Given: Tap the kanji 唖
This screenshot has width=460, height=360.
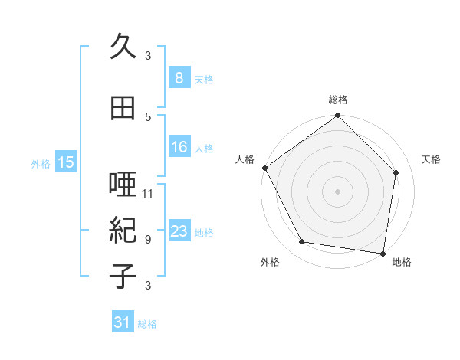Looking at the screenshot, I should click(123, 186).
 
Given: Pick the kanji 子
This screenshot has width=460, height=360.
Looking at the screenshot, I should click(123, 276).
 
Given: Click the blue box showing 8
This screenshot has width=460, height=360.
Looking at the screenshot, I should click(179, 78).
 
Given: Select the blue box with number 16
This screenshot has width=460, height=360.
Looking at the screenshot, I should click(179, 147).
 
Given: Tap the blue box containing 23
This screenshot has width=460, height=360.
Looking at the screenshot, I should click(179, 231).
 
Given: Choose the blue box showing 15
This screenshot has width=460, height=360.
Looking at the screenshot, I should click(66, 162).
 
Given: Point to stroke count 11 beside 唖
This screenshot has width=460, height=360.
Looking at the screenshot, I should click(148, 193).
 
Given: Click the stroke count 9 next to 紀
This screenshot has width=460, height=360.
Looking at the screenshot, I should click(148, 239).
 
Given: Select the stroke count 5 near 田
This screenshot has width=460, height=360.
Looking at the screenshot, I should click(148, 116).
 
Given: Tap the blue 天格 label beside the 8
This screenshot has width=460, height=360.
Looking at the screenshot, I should click(204, 79).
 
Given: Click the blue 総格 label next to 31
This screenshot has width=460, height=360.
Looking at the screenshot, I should click(147, 324).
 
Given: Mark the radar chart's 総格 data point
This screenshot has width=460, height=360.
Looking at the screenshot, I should click(337, 116).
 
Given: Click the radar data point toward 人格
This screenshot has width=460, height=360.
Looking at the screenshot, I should click(264, 168).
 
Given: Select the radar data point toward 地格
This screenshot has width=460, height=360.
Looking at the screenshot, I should click(383, 253).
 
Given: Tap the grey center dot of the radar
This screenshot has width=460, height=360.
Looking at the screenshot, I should click(337, 191).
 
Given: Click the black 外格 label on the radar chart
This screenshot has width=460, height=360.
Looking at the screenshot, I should click(270, 262).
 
